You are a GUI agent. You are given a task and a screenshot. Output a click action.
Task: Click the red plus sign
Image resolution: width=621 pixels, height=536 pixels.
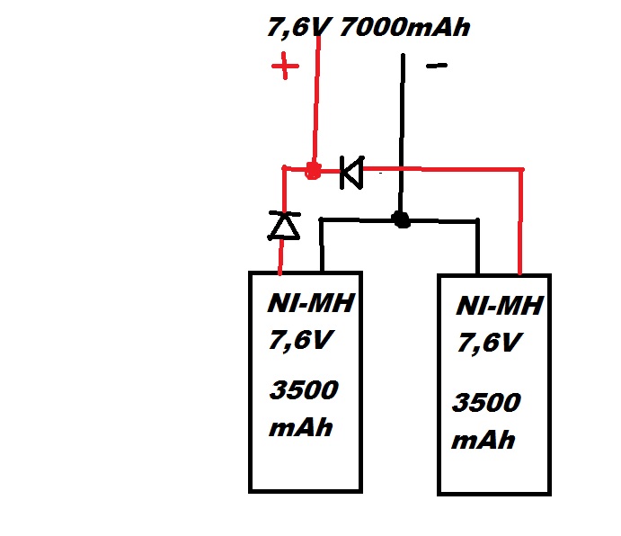pyautogui.click(x=285, y=67)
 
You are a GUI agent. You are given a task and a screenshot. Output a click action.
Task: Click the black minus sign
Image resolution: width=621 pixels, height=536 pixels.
pyautogui.click(x=436, y=66)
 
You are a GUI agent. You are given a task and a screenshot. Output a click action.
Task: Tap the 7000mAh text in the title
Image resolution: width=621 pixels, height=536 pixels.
pyautogui.click(x=404, y=28)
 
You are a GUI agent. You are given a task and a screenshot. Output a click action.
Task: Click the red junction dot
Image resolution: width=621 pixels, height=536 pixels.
pyautogui.click(x=313, y=171)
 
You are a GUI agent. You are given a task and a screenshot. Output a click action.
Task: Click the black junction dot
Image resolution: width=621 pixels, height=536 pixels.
pyautogui.click(x=401, y=219)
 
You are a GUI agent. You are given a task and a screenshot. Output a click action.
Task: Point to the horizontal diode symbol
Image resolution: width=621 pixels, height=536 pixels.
pyautogui.click(x=350, y=172)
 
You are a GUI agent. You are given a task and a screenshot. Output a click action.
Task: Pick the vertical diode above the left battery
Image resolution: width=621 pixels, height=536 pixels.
pyautogui.click(x=284, y=225)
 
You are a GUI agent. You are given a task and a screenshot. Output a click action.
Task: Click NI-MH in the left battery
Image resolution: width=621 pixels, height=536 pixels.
pyautogui.click(x=310, y=304)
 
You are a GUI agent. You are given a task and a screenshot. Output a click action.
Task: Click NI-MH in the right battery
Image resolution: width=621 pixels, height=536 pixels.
pyautogui.click(x=499, y=307)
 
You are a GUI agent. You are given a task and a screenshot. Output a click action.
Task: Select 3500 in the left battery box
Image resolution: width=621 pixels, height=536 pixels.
pyautogui.click(x=304, y=392)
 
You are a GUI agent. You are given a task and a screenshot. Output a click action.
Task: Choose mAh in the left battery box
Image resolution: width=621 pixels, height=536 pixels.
pyautogui.click(x=301, y=426)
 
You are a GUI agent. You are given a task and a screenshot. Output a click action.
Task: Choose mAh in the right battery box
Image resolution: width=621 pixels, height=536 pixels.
pyautogui.click(x=484, y=440)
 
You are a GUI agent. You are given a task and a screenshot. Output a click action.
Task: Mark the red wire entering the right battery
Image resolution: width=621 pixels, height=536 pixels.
pyautogui.click(x=521, y=225)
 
